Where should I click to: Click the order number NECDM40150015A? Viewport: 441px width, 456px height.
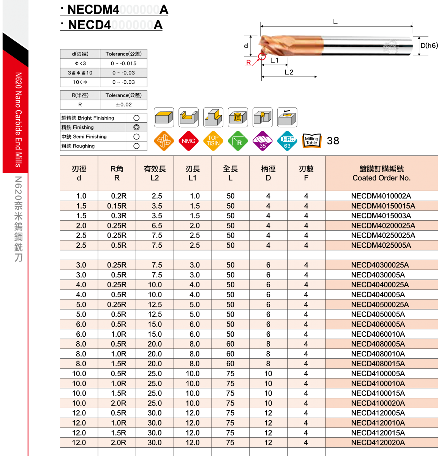click(383, 206)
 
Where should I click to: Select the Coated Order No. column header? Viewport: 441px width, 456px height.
click(381, 173)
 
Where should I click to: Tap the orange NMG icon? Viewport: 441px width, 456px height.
click(188, 141)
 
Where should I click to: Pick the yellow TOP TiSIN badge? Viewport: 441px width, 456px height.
click(213, 141)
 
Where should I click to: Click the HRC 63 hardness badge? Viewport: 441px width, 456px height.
click(287, 141)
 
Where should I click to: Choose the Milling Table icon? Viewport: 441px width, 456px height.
click(311, 141)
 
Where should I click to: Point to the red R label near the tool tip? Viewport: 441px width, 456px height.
click(248, 63)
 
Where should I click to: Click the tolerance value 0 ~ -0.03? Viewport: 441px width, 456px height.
click(123, 73)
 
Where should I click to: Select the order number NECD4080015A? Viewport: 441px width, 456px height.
click(378, 364)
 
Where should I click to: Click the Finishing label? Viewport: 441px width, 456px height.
click(78, 127)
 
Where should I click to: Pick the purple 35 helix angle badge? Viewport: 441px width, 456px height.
click(262, 141)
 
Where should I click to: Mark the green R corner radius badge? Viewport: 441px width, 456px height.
click(238, 141)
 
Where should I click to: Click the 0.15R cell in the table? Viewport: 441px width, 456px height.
click(117, 206)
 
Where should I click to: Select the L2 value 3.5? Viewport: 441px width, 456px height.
click(156, 206)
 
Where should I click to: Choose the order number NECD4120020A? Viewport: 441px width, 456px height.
click(378, 443)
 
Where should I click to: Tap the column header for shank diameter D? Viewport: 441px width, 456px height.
click(268, 173)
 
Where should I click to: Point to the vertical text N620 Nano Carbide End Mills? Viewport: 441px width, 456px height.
click(18, 120)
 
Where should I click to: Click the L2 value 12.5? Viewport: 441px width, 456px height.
click(155, 305)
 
